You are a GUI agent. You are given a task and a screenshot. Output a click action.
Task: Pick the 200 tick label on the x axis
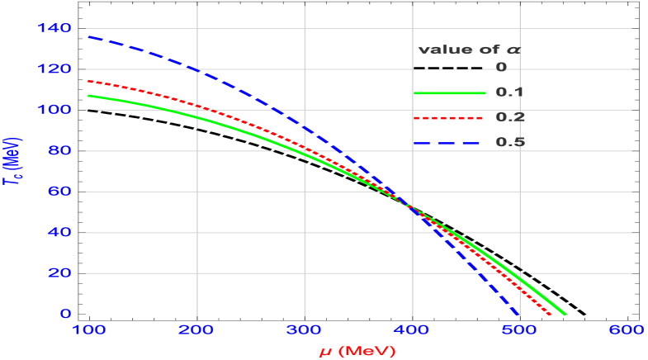197,331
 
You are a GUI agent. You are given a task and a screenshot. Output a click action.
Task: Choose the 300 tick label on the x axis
305,331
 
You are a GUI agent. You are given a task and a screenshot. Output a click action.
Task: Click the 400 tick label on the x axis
412,331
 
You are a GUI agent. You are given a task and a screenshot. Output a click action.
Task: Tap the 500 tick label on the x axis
519,331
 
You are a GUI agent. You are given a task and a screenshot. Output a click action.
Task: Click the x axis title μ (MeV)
358,351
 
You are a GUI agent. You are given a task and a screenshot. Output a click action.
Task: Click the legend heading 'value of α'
467,50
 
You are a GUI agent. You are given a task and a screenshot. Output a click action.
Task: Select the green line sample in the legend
449,94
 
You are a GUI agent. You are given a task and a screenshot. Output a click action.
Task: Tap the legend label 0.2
510,117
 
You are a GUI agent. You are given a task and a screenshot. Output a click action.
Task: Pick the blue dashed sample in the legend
449,142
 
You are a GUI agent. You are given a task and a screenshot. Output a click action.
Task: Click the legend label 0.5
510,142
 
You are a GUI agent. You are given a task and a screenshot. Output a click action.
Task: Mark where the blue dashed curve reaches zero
518,314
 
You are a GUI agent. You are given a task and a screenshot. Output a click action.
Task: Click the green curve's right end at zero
565,314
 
